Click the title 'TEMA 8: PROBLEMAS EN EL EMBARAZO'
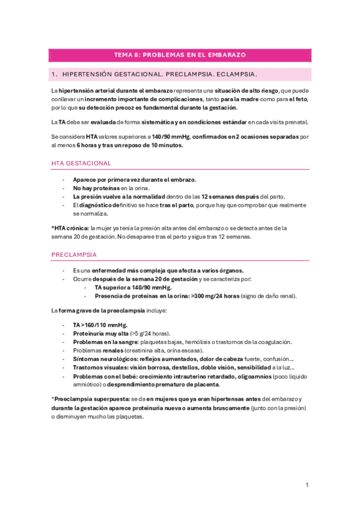(180, 55)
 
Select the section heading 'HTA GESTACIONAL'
(81, 164)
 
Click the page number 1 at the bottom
(307, 485)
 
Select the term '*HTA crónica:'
(70, 228)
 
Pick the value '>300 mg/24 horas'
(215, 296)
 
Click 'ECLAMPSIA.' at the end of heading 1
(236, 75)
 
